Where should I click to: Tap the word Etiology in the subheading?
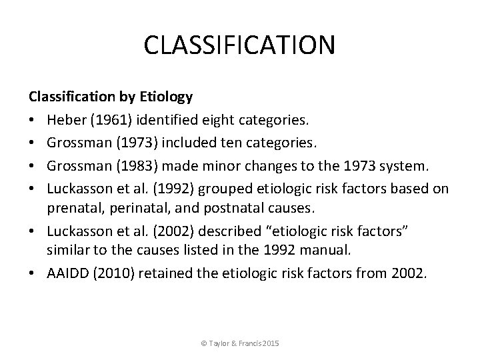pyautogui.click(x=166, y=97)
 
